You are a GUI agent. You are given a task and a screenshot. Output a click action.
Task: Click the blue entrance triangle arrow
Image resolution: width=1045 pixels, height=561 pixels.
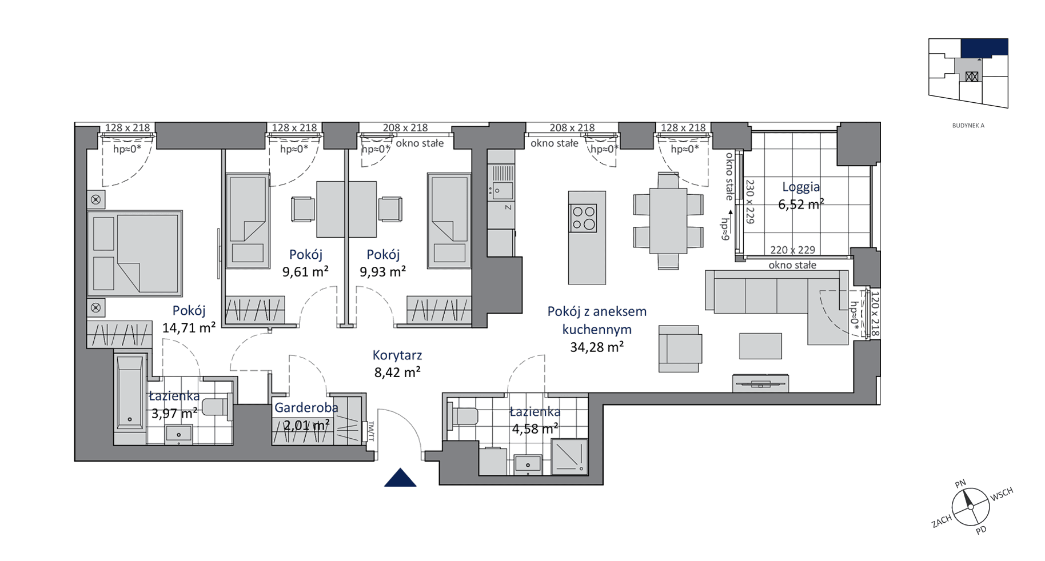400,478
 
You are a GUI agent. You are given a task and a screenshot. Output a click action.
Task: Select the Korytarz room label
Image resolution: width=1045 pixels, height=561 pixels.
397,355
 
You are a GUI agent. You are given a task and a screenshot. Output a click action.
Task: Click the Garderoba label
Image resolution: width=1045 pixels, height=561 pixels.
306,407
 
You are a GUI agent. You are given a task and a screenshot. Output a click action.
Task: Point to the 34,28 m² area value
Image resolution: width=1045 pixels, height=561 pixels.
597,347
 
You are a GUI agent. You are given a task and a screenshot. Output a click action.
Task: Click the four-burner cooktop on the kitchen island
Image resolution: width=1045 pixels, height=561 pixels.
583,218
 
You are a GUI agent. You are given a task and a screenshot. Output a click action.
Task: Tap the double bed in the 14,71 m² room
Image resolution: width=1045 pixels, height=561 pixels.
135,253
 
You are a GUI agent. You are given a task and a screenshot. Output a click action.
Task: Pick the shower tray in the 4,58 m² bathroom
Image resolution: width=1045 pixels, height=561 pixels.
569,456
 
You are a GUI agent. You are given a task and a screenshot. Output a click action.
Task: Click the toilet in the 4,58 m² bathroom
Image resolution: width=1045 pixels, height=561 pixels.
462,415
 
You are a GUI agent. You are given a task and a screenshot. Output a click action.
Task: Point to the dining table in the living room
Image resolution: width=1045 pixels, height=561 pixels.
668,221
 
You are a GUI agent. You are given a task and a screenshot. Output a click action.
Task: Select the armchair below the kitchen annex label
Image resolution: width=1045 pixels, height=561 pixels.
680,348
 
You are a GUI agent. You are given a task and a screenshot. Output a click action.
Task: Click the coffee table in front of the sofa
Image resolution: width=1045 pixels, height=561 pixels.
760,346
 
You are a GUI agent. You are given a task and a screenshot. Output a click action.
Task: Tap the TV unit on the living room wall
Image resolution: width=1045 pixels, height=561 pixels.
761,383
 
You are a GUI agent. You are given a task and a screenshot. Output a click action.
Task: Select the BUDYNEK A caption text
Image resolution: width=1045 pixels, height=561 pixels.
968,126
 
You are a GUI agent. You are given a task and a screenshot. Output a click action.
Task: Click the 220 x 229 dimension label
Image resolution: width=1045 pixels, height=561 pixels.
792,250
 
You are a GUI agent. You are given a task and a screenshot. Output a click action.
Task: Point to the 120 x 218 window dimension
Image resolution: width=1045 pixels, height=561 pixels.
874,314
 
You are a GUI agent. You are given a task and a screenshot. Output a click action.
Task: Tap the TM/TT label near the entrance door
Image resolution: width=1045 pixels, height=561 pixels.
370,431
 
